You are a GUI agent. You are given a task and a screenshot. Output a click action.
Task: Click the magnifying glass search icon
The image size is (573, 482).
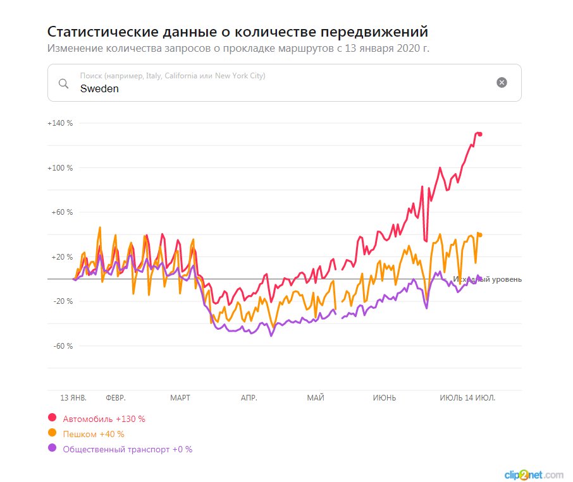coord(63,83)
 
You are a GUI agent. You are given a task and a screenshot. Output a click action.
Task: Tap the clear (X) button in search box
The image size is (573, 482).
coord(502,82)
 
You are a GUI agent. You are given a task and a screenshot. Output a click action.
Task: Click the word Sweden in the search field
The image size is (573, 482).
coord(99,89)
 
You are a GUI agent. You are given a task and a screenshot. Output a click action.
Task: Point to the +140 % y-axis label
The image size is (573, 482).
coord(60,123)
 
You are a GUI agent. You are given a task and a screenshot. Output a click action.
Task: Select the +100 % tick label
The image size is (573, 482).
coord(60,168)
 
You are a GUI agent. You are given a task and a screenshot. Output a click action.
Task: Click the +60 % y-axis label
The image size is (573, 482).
coord(62,212)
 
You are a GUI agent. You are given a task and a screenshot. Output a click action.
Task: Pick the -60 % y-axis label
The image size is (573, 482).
coord(62,346)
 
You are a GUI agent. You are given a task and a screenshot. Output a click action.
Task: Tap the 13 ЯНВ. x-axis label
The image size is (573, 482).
coord(73,398)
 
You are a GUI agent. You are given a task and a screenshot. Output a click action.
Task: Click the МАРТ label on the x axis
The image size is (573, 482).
coord(180,398)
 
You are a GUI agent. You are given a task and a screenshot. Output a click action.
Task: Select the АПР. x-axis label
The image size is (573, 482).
coord(249,398)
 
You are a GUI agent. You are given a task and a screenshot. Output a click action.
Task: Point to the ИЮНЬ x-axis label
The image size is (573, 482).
coord(385,398)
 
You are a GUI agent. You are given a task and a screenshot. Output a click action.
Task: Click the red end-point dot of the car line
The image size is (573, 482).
coord(480,134)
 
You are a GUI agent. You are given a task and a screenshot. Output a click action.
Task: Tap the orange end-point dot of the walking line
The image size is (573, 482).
coord(480,235)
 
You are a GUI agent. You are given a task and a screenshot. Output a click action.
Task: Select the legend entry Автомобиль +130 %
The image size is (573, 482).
coord(104,419)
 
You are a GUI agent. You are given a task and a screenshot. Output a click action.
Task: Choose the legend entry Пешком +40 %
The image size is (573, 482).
coord(94,434)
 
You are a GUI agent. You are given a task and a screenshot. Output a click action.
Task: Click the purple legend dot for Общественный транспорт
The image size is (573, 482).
coord(52,448)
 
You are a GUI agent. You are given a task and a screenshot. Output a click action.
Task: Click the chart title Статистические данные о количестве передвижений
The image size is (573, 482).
coord(238,32)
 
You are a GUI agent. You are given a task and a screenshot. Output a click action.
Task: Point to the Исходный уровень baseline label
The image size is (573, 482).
coord(488,279)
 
